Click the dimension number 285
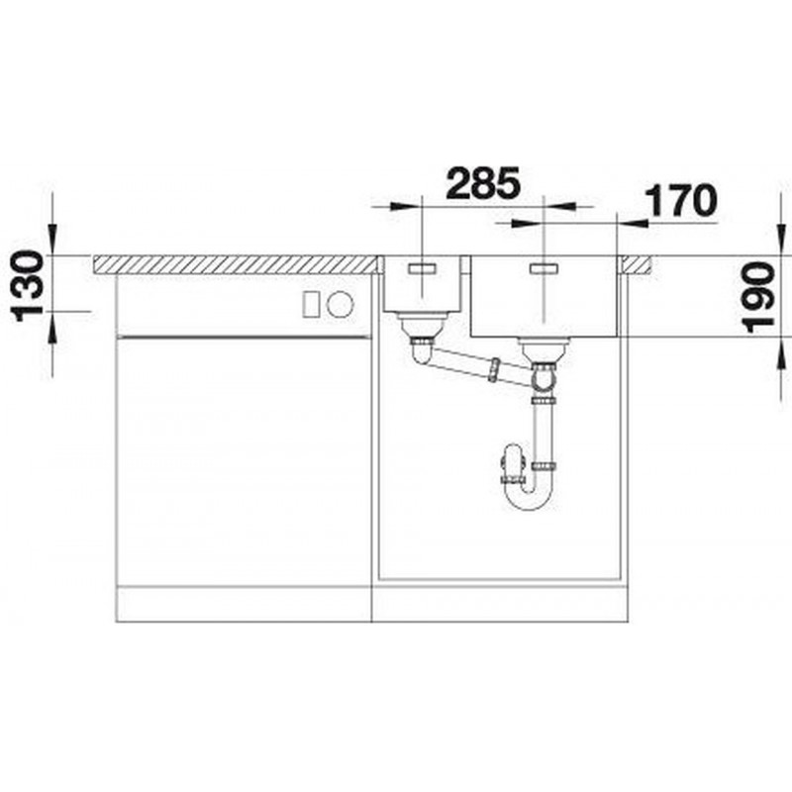(483, 182)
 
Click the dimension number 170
(682, 201)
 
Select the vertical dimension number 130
(28, 286)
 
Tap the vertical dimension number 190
(759, 298)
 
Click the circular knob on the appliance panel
(340, 305)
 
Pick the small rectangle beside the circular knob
(310, 305)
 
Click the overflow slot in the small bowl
(422, 268)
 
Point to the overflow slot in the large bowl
(543, 268)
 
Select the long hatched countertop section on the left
(237, 264)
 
